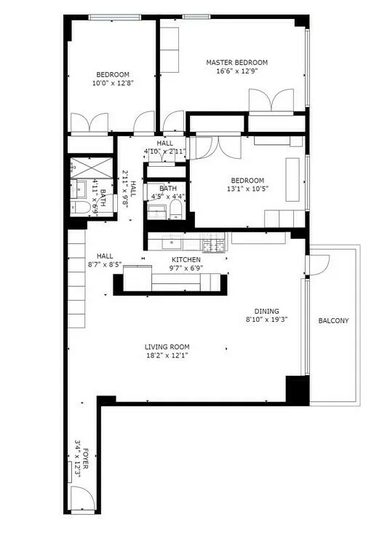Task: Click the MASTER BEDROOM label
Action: click(x=236, y=63)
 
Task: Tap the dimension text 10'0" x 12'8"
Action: click(x=111, y=83)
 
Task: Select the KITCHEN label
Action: click(x=186, y=260)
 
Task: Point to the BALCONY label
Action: click(x=334, y=321)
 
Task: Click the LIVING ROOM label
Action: click(x=167, y=347)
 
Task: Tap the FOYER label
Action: click(x=87, y=457)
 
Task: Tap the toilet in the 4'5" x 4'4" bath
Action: click(x=175, y=211)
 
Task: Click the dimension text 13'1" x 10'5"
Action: click(x=247, y=189)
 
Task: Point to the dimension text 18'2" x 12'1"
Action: click(x=167, y=356)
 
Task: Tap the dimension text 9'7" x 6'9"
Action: click(x=186, y=268)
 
